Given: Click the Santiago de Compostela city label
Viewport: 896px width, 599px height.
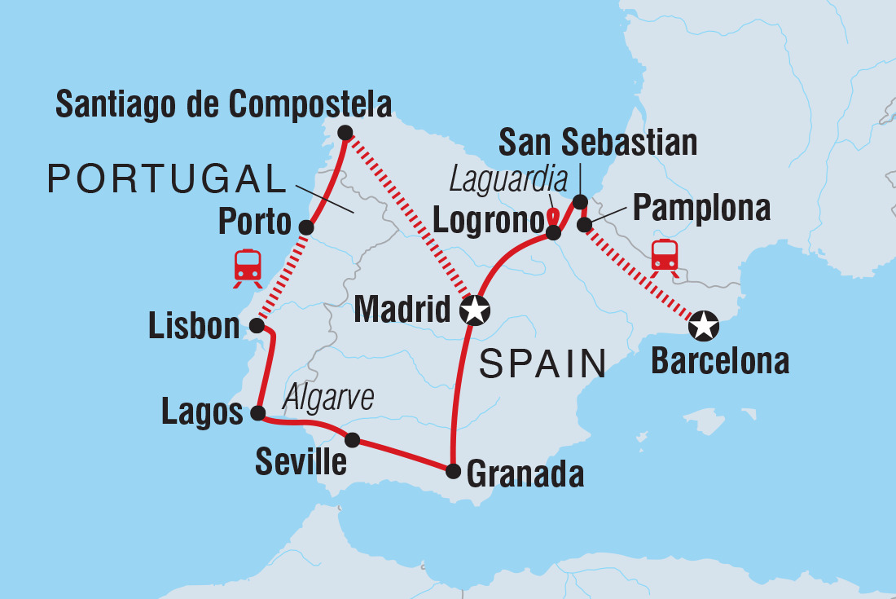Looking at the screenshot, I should click(x=223, y=105).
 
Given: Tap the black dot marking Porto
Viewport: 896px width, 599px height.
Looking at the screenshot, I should click(x=306, y=227).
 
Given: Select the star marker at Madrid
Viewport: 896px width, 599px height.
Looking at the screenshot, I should click(x=475, y=310).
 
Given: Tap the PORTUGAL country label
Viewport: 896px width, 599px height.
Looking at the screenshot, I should click(x=162, y=178).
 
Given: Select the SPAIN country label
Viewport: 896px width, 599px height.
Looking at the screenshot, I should click(x=542, y=363).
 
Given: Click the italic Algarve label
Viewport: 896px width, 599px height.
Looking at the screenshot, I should click(x=328, y=399).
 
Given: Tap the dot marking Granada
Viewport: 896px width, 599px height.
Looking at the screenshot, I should click(x=453, y=470).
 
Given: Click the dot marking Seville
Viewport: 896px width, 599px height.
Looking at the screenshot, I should click(x=352, y=440).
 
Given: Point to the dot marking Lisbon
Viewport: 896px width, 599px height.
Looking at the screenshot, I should click(x=256, y=326).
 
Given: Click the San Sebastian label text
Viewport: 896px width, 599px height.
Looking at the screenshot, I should click(x=598, y=143).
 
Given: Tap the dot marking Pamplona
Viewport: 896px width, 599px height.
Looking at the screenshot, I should click(x=584, y=225).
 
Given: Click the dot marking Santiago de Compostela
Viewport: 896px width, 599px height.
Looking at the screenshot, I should click(x=345, y=132).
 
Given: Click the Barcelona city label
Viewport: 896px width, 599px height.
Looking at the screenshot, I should click(x=720, y=361).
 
